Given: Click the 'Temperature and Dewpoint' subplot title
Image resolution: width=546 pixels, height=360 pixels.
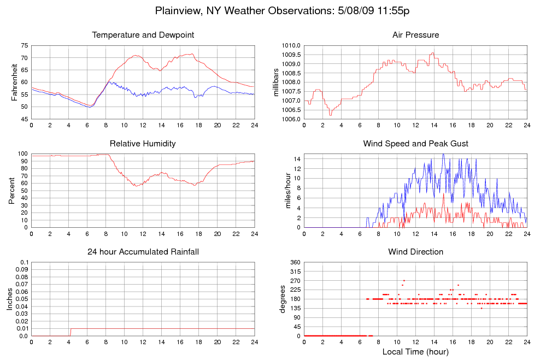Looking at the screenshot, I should click(143, 36).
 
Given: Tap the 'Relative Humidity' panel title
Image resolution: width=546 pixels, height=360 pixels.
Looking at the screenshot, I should click(143, 144).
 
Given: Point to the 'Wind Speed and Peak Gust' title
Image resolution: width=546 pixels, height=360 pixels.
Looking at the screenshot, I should click(415, 144).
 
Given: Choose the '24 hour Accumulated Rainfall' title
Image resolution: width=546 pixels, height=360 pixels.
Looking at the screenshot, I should click(143, 252).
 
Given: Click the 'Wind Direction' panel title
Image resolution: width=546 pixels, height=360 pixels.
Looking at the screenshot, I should click(415, 252).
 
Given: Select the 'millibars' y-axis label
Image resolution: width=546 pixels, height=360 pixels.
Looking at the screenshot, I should click(276, 82).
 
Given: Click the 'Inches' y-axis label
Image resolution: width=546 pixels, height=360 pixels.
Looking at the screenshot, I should click(9, 299).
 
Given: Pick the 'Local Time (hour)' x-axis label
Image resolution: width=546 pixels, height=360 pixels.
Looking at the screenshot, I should click(415, 351).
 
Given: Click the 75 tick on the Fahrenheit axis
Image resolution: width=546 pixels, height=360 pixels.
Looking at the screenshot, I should click(24, 45).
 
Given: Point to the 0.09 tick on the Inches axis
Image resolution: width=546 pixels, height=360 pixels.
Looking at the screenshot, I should click(21, 269).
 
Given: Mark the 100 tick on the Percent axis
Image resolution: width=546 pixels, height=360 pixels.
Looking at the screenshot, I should click(22, 154).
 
